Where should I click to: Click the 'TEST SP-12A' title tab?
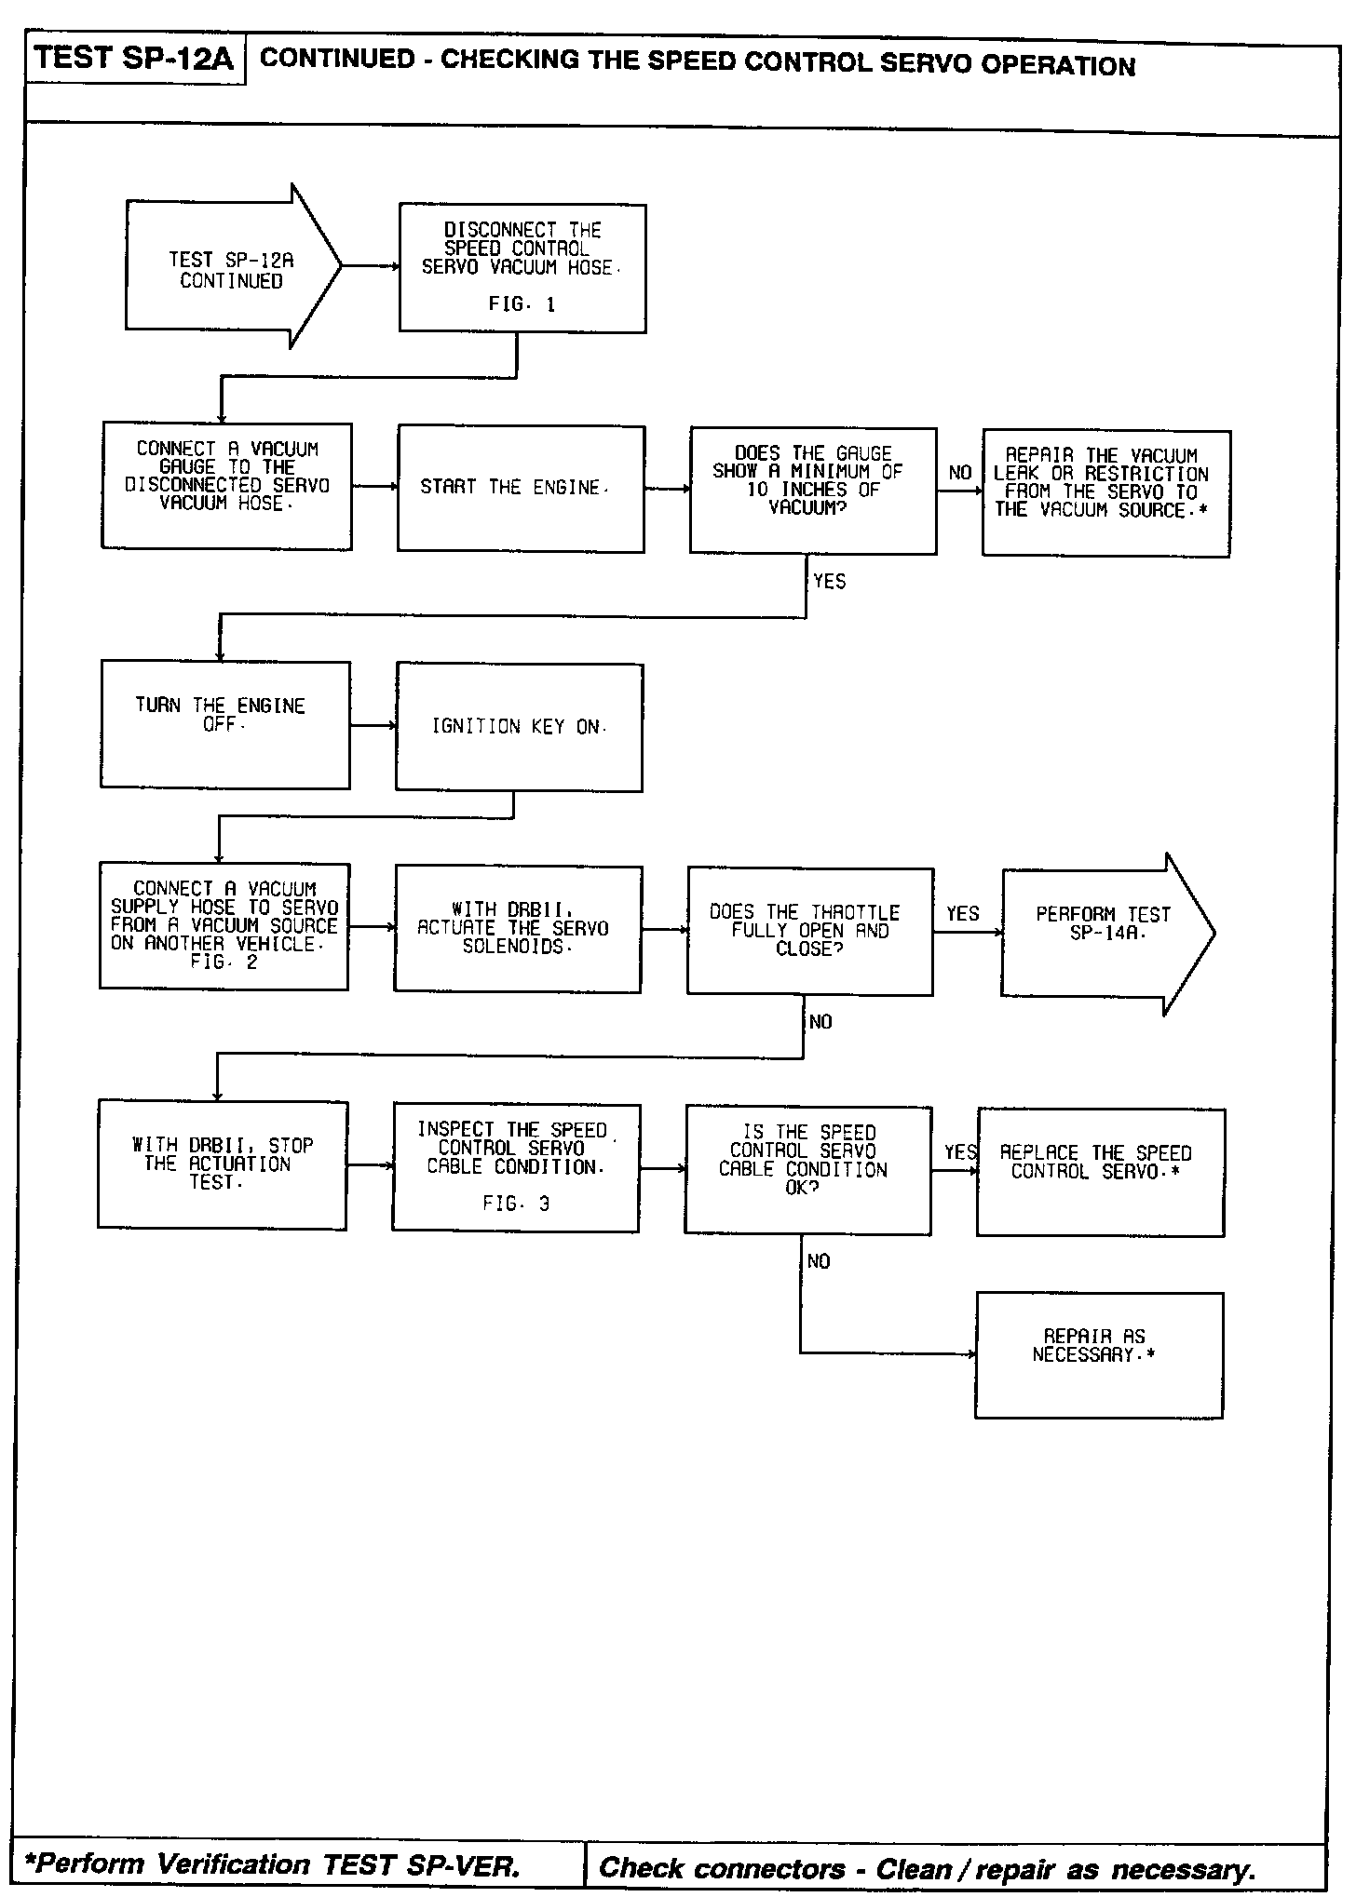(134, 60)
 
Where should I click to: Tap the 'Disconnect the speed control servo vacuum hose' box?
(522, 268)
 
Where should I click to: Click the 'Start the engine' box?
(520, 489)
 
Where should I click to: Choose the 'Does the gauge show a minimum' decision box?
(812, 491)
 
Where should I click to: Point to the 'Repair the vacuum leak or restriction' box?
(1105, 493)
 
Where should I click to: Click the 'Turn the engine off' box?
(224, 724)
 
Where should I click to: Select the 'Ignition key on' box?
(519, 727)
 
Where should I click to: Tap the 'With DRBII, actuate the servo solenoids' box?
(517, 929)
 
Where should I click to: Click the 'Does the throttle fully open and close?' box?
(809, 931)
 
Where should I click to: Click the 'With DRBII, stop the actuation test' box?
(222, 1164)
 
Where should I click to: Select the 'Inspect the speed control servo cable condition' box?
(515, 1167)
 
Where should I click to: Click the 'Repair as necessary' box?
(1098, 1354)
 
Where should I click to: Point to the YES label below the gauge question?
(829, 582)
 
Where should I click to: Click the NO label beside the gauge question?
(959, 473)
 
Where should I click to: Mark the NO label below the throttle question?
(820, 1022)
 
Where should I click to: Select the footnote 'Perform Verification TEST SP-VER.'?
(272, 1863)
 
